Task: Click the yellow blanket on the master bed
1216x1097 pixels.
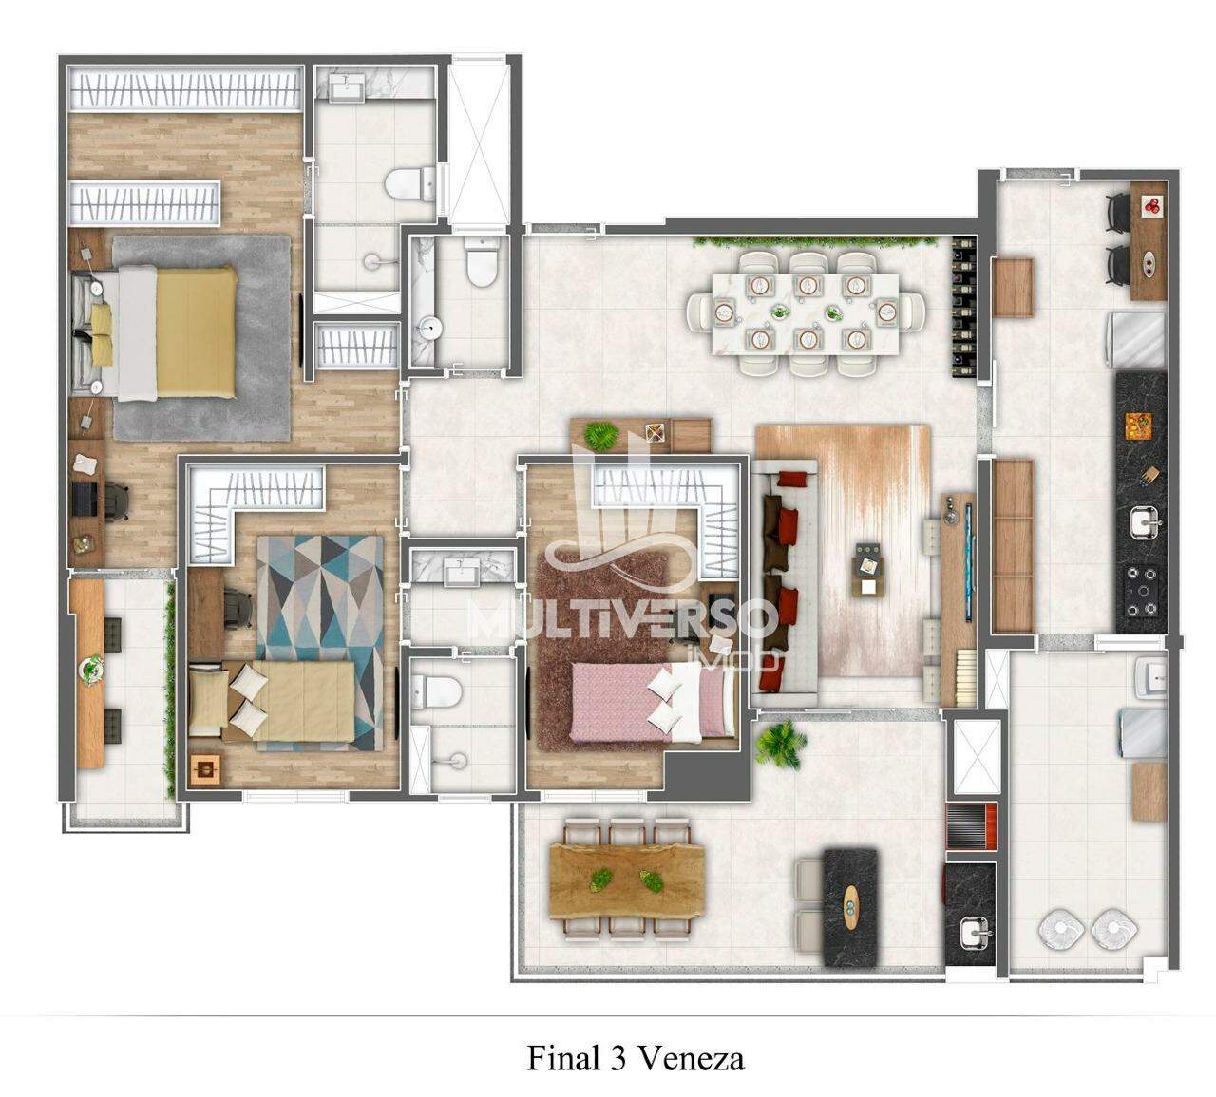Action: tap(196, 332)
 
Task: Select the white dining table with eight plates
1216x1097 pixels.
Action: tap(805, 312)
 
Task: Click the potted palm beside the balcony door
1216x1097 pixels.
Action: tap(781, 744)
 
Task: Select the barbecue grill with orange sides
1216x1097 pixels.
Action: tap(972, 826)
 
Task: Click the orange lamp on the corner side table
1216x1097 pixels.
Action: tap(206, 769)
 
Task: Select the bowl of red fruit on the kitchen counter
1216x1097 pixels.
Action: tap(1151, 205)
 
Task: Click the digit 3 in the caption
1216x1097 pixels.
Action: tap(614, 1058)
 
